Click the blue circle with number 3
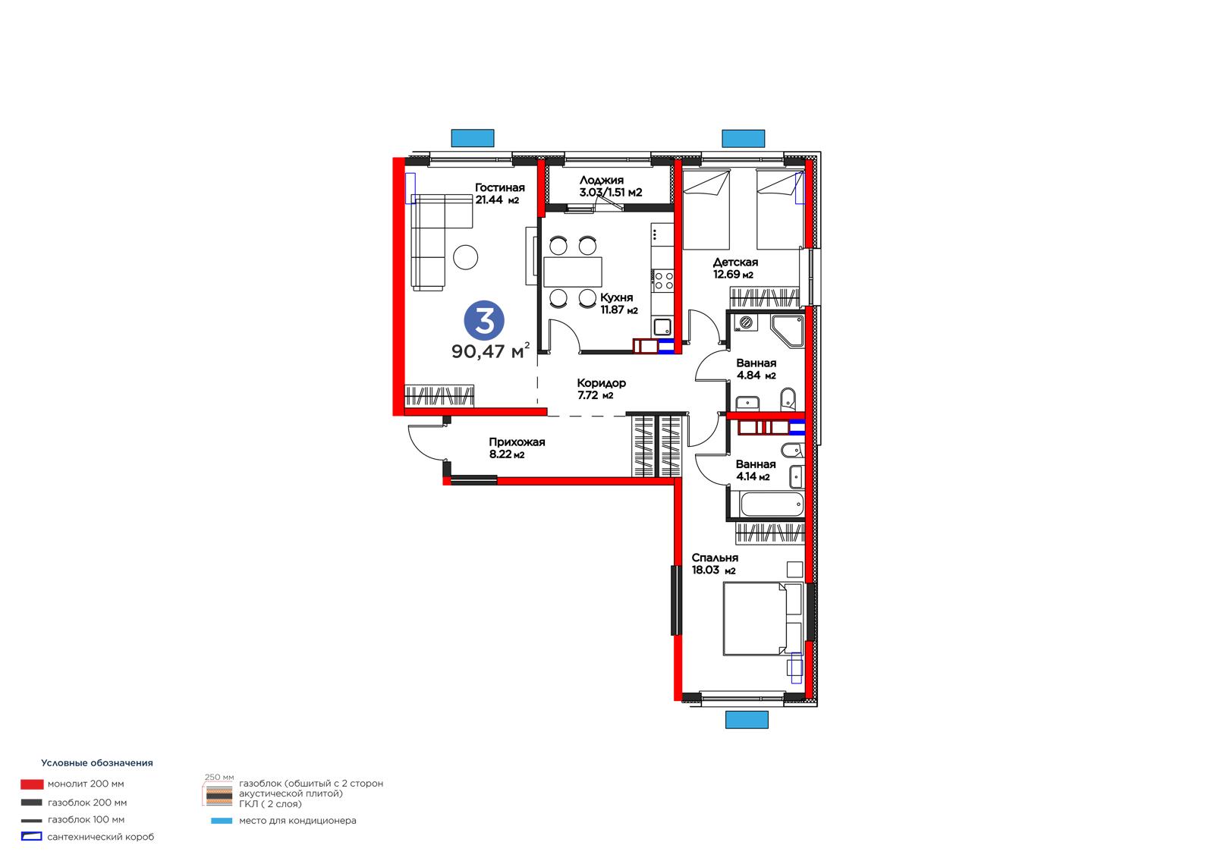(484, 321)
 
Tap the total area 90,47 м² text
(490, 351)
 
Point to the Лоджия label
(602, 180)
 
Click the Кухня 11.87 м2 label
(618, 303)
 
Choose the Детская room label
(735, 262)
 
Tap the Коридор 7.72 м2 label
(601, 388)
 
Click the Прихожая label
(517, 442)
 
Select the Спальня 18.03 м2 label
(715, 564)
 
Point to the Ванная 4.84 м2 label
(756, 369)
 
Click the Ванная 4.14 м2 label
(756, 470)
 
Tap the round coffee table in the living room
(466, 257)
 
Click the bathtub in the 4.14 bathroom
(771, 504)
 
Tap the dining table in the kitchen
(573, 272)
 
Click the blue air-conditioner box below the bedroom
(747, 719)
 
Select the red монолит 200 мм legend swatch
(32, 784)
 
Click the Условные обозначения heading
(97, 763)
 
